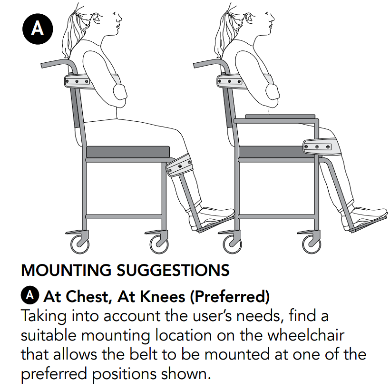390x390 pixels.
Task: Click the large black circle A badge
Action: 38,29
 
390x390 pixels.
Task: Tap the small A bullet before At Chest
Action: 30,295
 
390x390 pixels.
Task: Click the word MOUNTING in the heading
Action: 66,270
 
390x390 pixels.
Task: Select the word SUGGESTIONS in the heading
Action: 173,270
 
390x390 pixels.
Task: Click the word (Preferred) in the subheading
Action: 230,297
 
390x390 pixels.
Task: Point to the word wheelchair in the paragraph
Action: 306,335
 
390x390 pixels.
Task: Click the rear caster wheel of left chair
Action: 80,244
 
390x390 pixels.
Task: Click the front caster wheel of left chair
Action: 159,244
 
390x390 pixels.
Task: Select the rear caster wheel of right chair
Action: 232,244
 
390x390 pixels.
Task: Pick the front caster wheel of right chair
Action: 312,244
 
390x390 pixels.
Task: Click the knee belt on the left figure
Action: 180,165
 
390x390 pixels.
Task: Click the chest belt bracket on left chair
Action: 77,81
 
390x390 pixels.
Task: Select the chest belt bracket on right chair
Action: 230,81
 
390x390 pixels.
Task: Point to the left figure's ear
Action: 97,18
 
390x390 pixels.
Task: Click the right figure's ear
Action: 249,18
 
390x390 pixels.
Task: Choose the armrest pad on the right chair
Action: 280,117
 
